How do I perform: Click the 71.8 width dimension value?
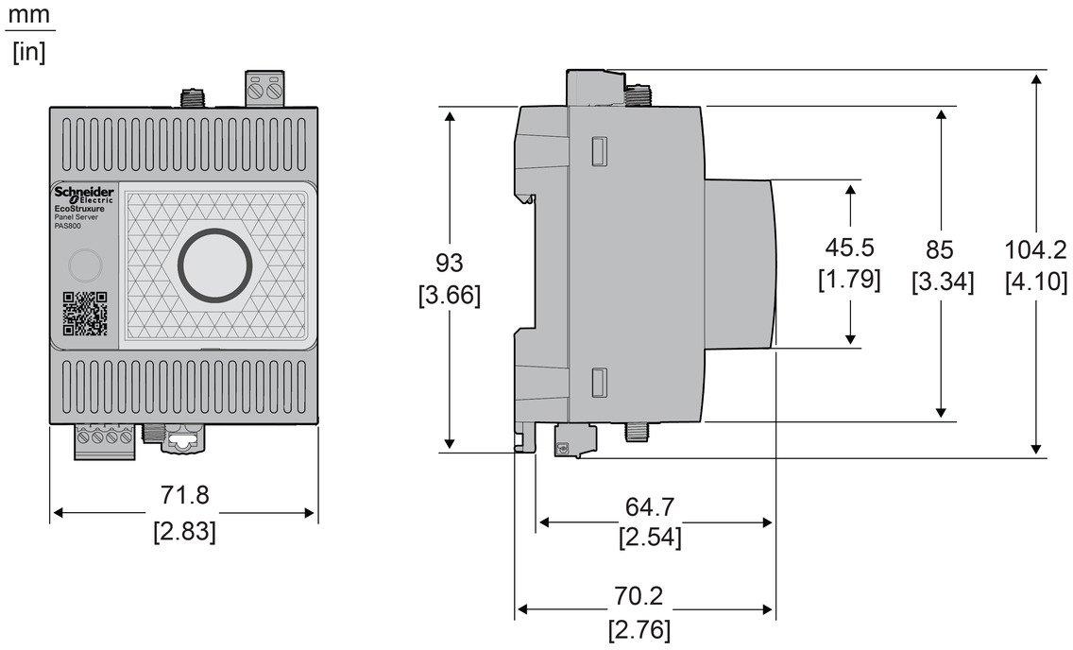pos(184,495)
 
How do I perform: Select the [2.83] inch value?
pos(184,531)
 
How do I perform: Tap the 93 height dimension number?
pos(449,262)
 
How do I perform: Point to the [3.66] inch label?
pos(449,296)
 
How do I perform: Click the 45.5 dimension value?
pos(850,248)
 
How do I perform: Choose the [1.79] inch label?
pos(850,280)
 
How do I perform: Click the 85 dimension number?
pos(941,249)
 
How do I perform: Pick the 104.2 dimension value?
pos(1036,249)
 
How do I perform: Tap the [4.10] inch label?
pos(1036,282)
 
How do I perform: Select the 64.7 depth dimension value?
pos(651,506)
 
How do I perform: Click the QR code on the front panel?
pos(85,315)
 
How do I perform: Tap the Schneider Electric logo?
pos(84,195)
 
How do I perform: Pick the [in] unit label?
pos(28,52)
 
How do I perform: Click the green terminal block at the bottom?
pos(105,441)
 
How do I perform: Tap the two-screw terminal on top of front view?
pos(264,90)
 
